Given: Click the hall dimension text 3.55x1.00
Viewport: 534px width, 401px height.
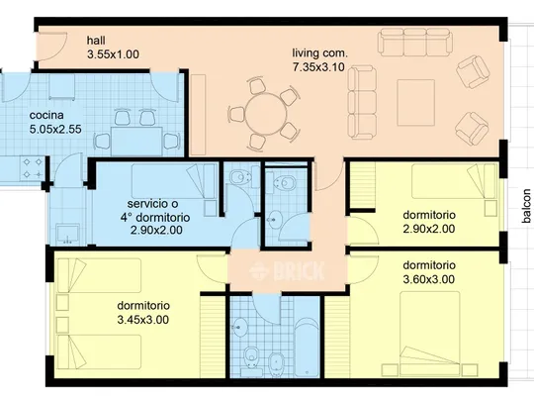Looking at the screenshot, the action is [x=113, y=54].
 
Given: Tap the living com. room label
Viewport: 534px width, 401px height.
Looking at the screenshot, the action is [x=320, y=52].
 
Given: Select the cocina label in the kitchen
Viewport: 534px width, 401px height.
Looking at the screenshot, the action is [x=46, y=115].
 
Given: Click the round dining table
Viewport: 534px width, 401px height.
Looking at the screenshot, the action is [x=266, y=114].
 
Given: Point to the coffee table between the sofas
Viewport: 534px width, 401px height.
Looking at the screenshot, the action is [x=415, y=103].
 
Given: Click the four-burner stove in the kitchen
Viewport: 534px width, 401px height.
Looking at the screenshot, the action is [x=33, y=168].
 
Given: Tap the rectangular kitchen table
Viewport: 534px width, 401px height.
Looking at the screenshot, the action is [x=137, y=142].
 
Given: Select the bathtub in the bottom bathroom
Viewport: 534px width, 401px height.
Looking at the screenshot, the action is [x=307, y=348].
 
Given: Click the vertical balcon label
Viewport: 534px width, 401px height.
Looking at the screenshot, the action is [x=526, y=206].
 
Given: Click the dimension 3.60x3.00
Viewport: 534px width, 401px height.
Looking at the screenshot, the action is [x=429, y=279].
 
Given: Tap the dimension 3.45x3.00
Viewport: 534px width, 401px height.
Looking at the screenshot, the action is [x=143, y=320].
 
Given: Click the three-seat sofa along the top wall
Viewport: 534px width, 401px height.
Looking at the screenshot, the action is [x=414, y=42].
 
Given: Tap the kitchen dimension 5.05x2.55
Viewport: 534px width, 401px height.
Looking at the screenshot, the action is [x=55, y=130].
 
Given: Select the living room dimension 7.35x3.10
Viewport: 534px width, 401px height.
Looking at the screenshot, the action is [x=318, y=67].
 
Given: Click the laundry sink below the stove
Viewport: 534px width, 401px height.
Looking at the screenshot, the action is [x=68, y=235].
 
